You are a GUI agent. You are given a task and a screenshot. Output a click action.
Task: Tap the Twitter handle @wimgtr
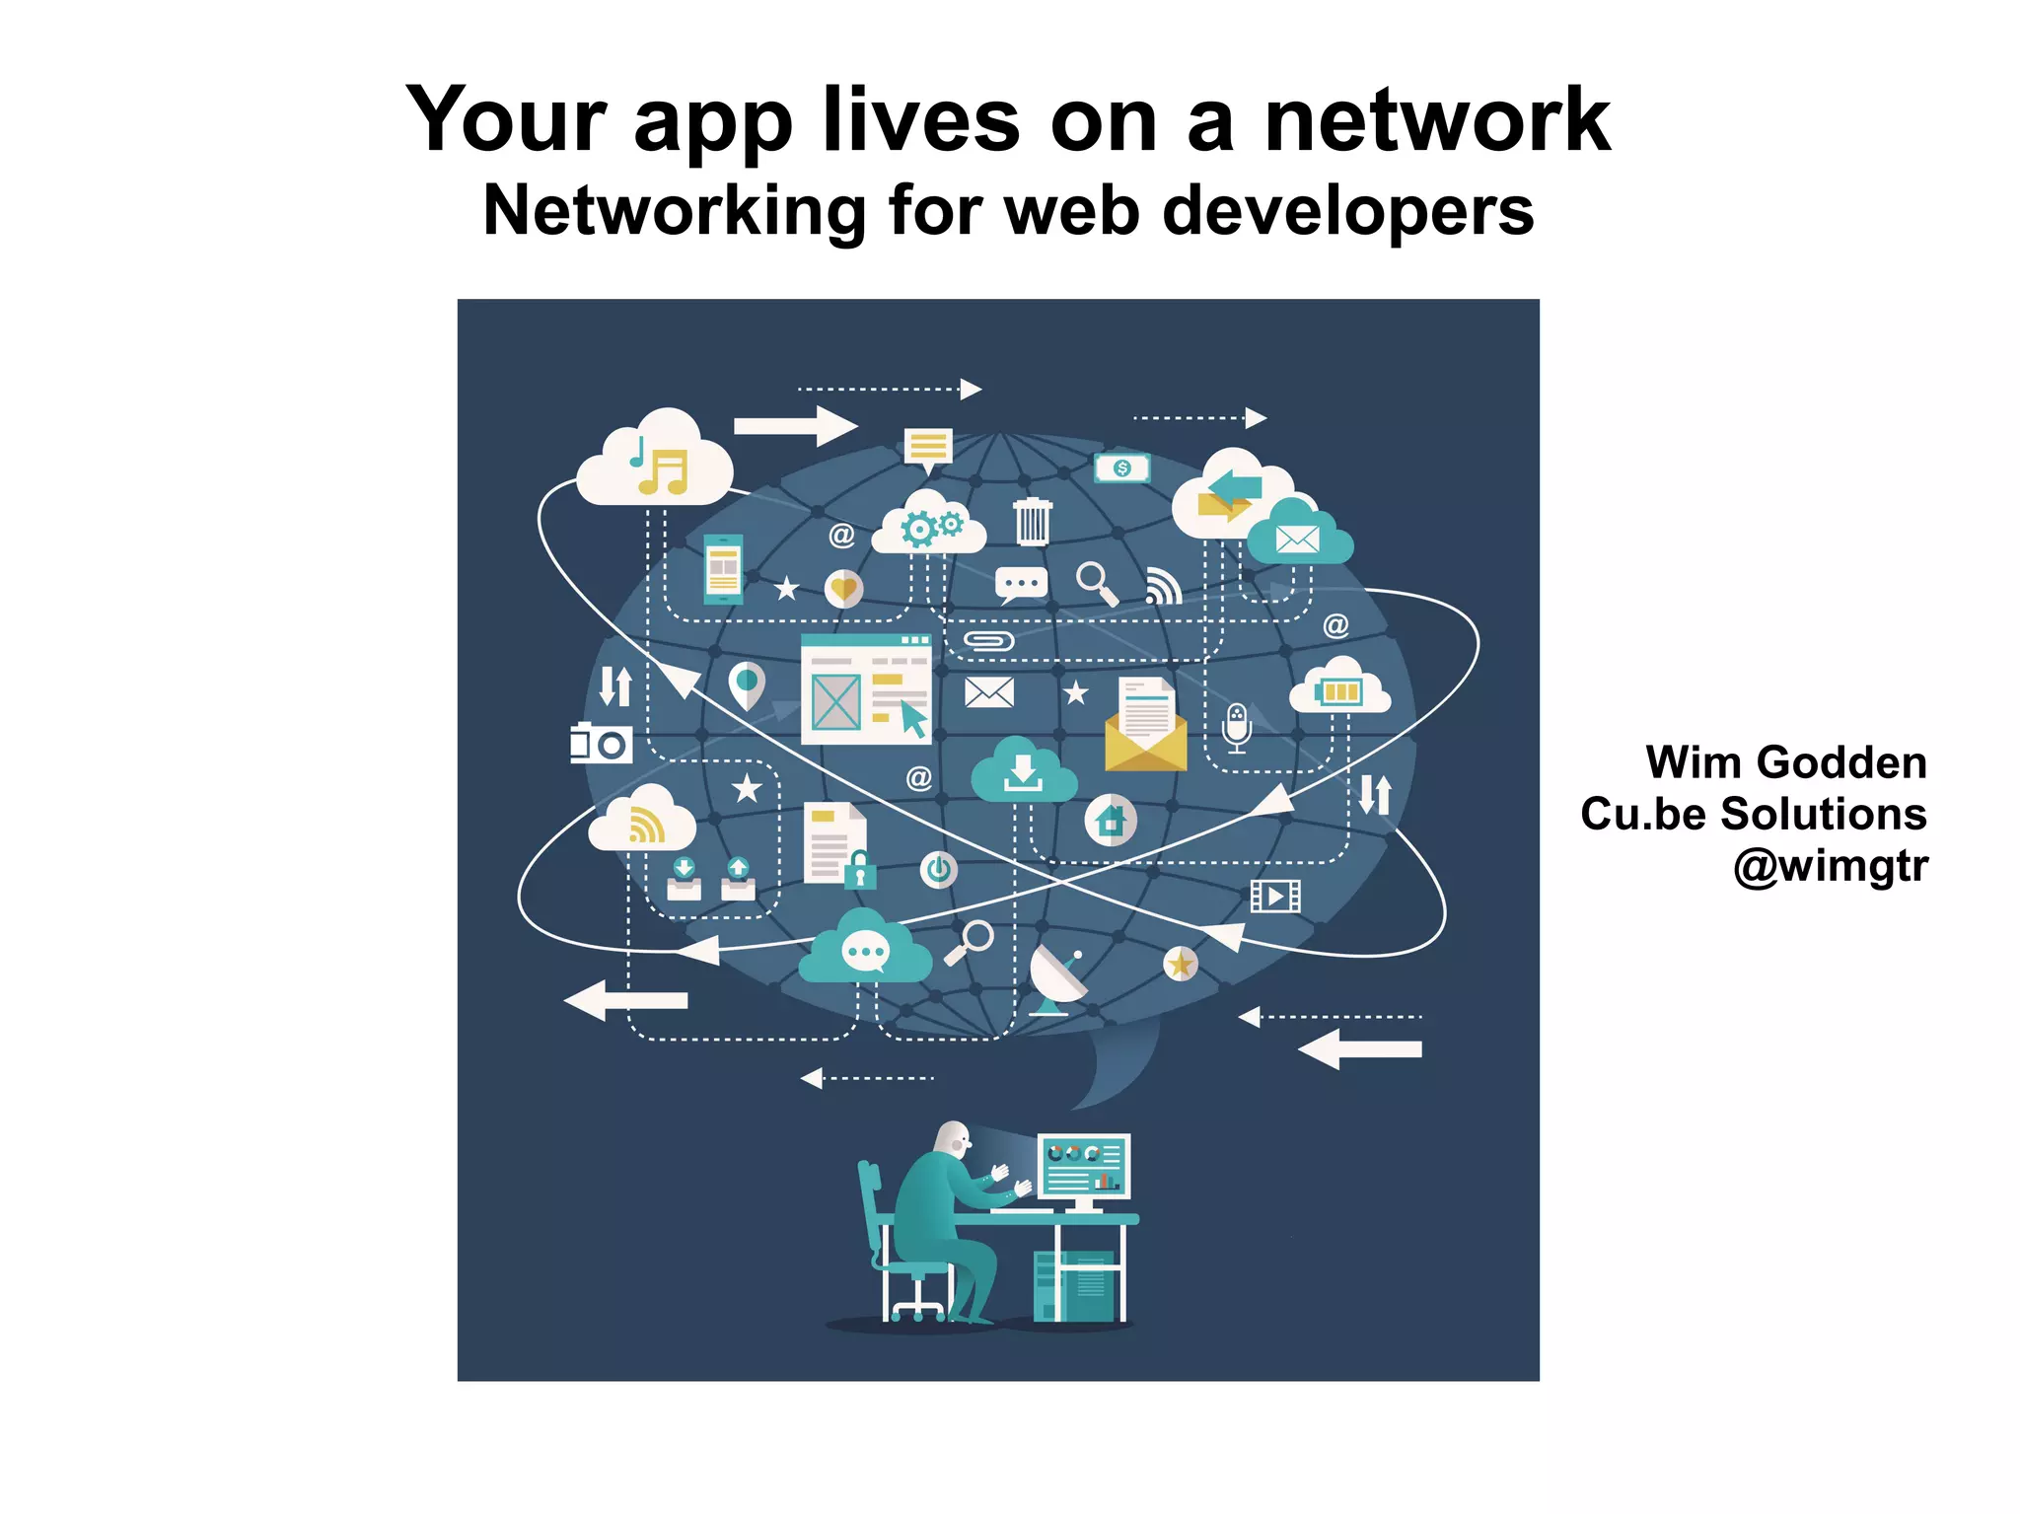click(x=1830, y=866)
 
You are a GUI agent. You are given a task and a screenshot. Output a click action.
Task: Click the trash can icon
click(x=1032, y=521)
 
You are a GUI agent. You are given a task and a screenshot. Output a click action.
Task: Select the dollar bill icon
click(x=1121, y=468)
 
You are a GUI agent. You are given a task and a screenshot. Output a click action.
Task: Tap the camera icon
click(x=601, y=743)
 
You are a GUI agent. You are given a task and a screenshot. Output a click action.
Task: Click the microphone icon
click(x=1236, y=728)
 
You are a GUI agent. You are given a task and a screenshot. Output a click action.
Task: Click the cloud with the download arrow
click(x=1023, y=771)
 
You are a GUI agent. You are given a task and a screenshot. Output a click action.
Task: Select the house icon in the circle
click(x=1111, y=820)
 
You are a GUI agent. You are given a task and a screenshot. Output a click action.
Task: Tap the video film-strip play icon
click(x=1275, y=896)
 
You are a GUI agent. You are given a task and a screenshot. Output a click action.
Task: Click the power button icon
click(x=938, y=870)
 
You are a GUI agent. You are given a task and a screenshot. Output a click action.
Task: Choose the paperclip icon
click(x=988, y=642)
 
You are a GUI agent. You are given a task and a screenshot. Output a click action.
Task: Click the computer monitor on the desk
click(x=1083, y=1168)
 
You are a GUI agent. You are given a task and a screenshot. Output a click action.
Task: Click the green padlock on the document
click(x=860, y=871)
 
